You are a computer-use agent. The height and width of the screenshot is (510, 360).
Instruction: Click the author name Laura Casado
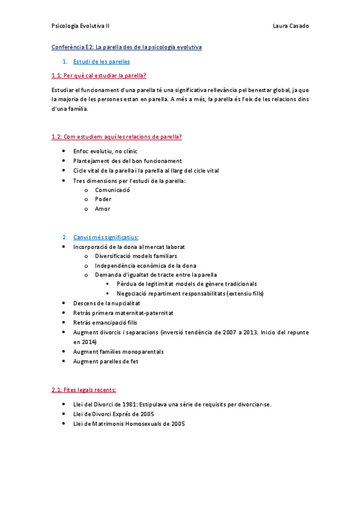pos(290,26)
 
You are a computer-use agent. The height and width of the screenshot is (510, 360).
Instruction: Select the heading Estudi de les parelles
pos(101,61)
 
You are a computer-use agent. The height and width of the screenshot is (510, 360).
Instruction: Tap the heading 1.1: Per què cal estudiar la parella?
pos(99,76)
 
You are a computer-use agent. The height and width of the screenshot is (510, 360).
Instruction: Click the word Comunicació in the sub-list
pos(112,189)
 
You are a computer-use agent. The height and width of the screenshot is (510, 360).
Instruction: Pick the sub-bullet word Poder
pos(103,199)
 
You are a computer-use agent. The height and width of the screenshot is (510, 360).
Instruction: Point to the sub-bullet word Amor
pos(102,209)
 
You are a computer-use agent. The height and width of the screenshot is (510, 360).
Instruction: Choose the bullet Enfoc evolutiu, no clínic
pos(105,151)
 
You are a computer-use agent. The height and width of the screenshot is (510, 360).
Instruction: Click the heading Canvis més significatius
pos(106,237)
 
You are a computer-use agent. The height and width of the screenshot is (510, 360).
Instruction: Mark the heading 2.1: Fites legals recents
pos(84,390)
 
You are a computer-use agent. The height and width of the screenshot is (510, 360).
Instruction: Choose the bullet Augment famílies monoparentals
pos(118,351)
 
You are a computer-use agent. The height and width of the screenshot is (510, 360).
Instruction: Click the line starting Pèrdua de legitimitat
pos(187,284)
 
